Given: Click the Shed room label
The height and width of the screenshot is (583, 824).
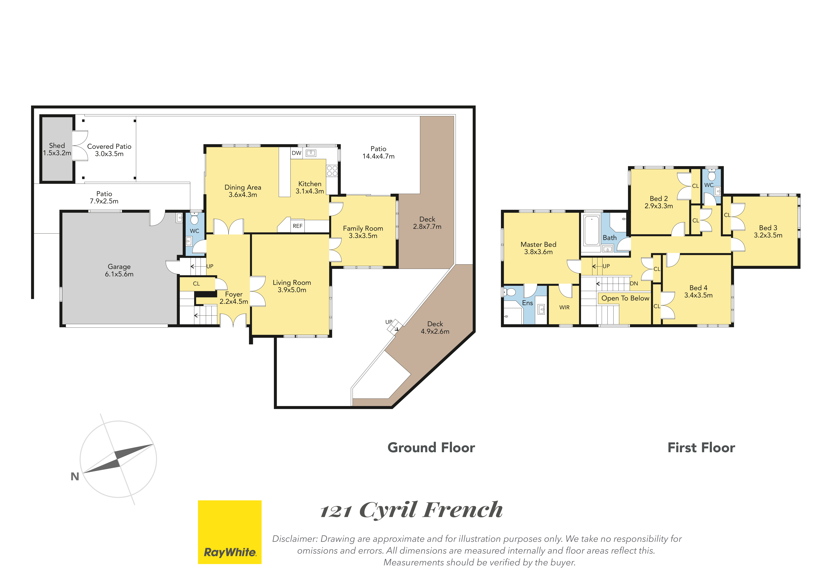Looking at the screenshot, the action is point(57,145).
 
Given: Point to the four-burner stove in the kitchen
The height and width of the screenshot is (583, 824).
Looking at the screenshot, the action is point(332,171).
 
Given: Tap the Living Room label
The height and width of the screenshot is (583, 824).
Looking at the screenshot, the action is point(292,283).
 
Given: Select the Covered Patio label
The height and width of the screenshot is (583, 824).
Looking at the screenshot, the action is point(109,146).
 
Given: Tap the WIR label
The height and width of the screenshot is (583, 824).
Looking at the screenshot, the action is point(565,308).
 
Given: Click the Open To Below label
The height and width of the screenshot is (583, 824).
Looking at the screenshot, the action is point(625,298).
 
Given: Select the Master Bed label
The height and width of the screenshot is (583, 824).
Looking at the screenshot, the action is point(538,244).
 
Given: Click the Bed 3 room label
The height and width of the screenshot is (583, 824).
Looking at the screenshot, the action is point(768,228).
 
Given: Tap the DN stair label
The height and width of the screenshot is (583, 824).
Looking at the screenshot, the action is point(634,284).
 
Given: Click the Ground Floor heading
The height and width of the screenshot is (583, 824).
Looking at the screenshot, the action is point(431,448).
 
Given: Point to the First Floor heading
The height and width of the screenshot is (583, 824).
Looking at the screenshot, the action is point(701,448).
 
